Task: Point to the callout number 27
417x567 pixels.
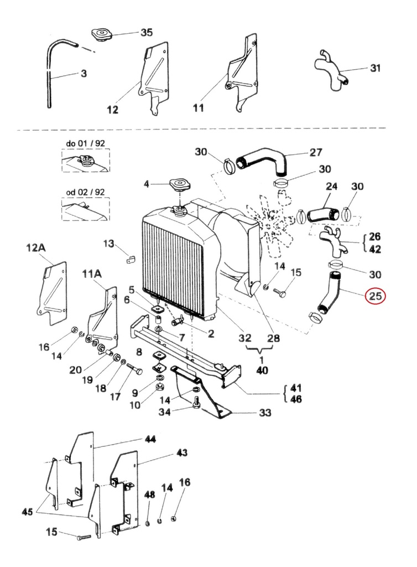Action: click(x=316, y=152)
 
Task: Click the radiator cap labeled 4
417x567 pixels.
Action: click(x=179, y=184)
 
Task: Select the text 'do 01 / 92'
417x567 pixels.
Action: click(x=85, y=143)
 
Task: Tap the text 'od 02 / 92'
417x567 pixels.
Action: click(x=85, y=192)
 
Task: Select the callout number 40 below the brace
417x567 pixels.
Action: click(x=262, y=370)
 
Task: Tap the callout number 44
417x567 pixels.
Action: click(x=150, y=439)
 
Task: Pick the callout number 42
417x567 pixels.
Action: click(x=375, y=249)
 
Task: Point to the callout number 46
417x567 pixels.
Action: click(x=296, y=399)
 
